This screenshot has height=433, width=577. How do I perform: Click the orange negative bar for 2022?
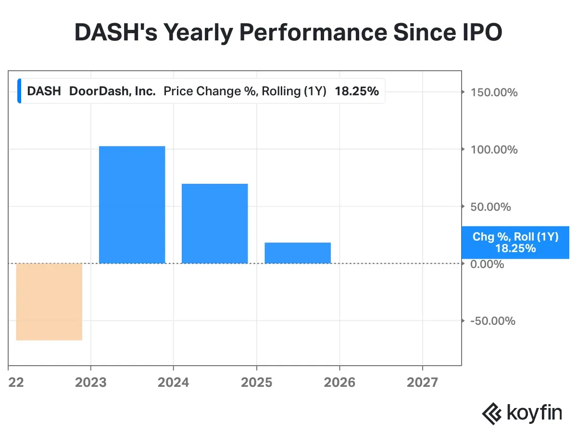click(49, 302)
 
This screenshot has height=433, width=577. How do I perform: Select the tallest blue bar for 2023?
click(132, 204)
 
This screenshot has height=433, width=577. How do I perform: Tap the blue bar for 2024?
click(214, 223)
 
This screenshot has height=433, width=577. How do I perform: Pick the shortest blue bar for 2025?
click(298, 253)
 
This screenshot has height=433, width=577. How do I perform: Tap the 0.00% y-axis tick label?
click(487, 264)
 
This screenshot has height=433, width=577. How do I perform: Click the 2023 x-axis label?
click(91, 382)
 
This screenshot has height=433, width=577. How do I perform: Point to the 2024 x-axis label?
click(174, 382)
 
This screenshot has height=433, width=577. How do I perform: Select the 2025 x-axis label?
click(257, 382)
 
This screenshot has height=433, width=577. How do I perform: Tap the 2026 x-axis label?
click(339, 382)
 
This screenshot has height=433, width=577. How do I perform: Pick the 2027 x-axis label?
click(422, 382)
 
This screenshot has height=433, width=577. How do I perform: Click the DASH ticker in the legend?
click(44, 91)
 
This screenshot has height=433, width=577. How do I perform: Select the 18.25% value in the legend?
click(357, 91)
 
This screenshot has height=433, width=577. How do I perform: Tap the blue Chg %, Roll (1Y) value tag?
click(515, 242)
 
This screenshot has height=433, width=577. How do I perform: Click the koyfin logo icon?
click(492, 413)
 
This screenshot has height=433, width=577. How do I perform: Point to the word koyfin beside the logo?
click(534, 414)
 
